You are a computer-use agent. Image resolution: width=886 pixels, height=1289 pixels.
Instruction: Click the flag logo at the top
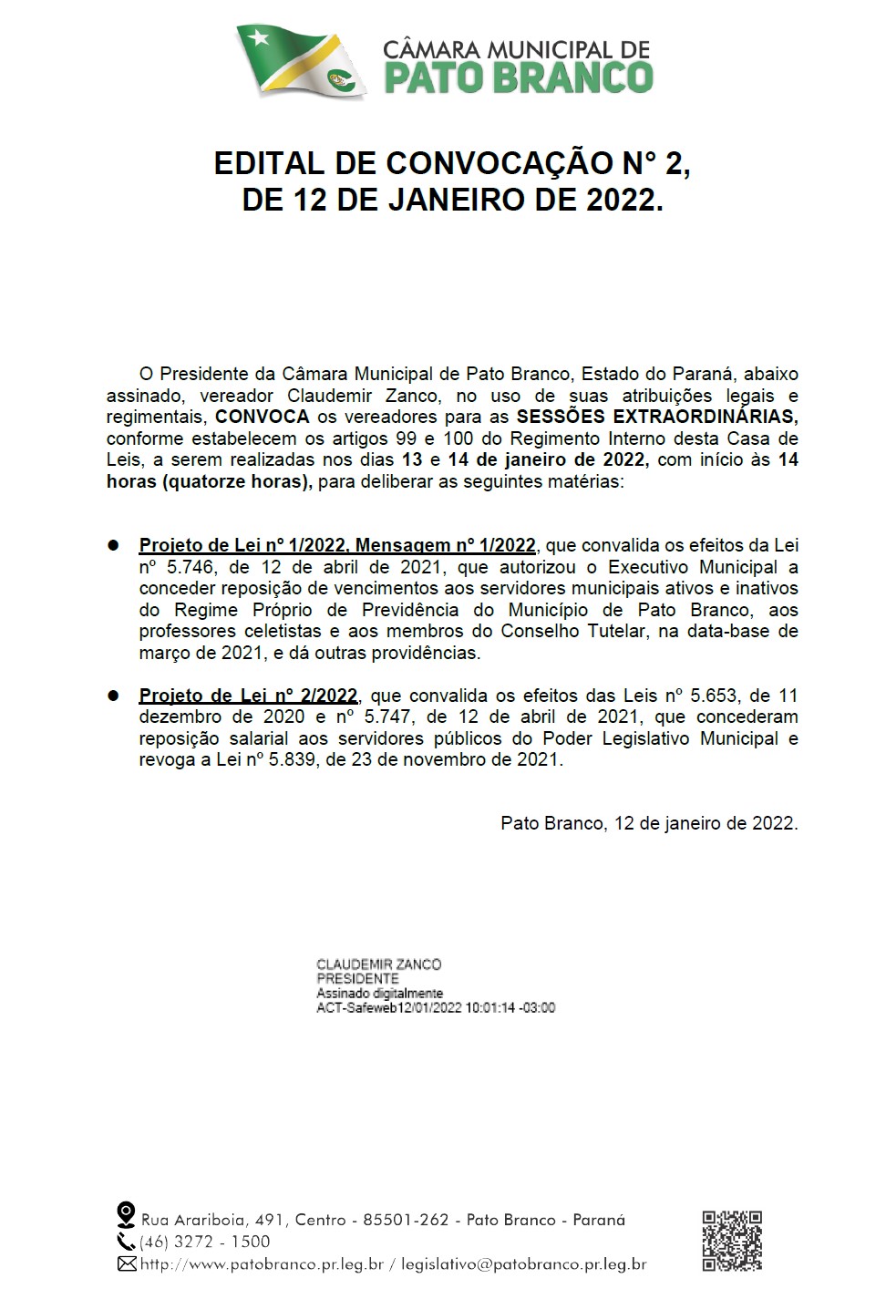coord(301,62)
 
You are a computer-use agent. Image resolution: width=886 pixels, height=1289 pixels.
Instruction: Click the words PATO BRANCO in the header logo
coord(518,77)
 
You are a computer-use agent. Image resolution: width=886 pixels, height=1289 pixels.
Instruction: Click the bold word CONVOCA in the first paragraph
coord(263,418)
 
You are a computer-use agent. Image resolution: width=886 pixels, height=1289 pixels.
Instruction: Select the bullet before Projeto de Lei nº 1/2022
coord(114,545)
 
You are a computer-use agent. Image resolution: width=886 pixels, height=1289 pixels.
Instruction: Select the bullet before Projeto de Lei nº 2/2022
coord(114,696)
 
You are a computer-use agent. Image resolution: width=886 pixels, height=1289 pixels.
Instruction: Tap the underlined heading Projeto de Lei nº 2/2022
coord(248,696)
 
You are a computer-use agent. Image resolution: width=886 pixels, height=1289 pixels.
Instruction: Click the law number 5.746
coord(194,567)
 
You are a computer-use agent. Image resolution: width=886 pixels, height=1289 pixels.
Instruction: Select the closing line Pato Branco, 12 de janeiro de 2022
coord(649,823)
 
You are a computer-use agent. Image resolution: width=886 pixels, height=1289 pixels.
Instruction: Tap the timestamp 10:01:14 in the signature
coord(489,1008)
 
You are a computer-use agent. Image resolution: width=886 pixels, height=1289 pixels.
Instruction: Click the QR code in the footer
coord(732,1241)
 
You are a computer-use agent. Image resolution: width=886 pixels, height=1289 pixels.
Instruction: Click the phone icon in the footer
coord(126,1241)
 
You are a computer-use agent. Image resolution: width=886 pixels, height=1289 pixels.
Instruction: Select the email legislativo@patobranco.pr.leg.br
coord(524,1264)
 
